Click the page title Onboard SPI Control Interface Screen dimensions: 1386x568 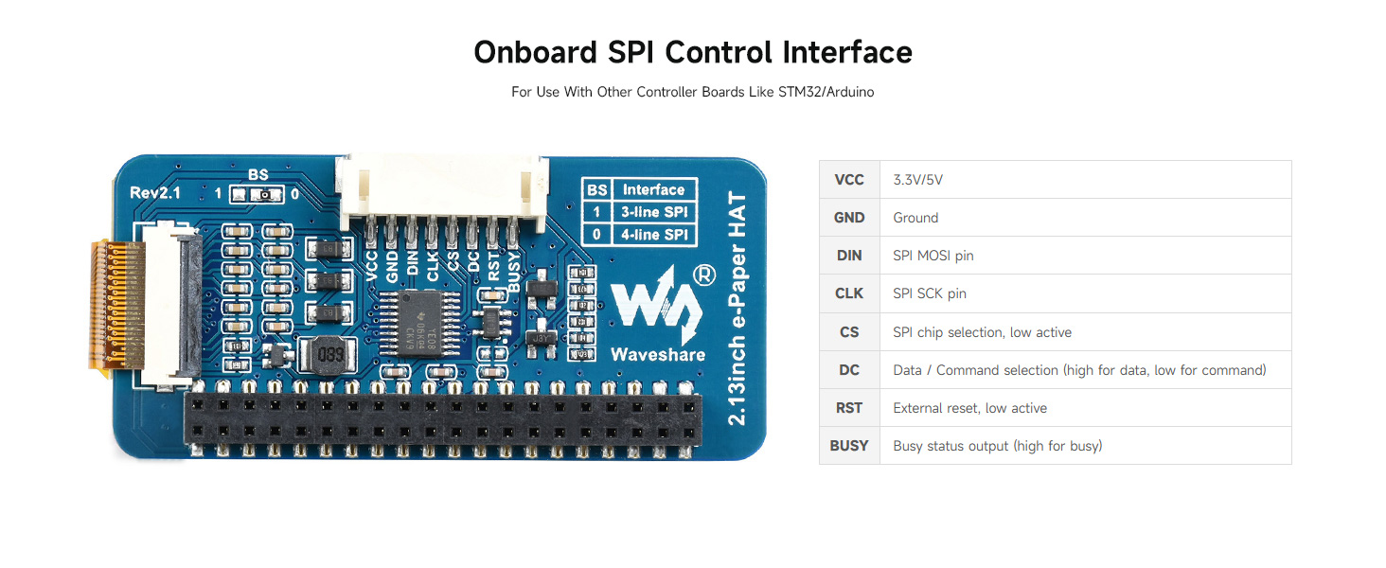(692, 52)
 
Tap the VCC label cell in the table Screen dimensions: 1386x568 (849, 180)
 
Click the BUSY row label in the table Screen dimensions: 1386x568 (849, 446)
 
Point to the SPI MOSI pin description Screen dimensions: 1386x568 (933, 256)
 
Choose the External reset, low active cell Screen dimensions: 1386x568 (969, 408)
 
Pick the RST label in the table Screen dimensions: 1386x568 (849, 408)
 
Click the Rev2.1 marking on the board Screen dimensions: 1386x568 (155, 192)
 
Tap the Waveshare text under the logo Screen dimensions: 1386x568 (657, 355)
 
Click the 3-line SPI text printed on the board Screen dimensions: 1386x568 (653, 212)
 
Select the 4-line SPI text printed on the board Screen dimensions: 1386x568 (653, 235)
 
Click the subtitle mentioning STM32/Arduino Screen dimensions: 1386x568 (692, 93)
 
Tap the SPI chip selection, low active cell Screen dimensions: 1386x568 (982, 332)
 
